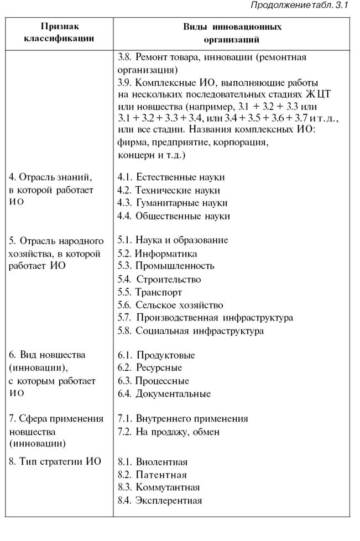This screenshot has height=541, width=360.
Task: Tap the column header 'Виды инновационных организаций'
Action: (x=232, y=33)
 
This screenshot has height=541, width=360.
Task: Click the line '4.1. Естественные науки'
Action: (x=171, y=177)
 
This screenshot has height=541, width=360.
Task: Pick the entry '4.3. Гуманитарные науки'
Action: (x=173, y=203)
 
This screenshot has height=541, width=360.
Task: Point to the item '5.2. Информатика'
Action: (x=158, y=254)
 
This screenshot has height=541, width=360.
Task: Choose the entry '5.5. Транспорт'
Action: (x=150, y=292)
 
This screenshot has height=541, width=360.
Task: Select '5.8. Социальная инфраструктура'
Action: (x=191, y=331)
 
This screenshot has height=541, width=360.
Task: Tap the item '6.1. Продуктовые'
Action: (x=156, y=355)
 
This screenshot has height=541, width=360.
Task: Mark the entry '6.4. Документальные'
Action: (x=164, y=394)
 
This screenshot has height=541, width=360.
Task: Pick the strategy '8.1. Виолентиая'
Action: (x=153, y=462)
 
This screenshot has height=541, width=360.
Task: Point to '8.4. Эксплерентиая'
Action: (x=160, y=501)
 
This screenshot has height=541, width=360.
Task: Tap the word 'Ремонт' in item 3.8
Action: (x=153, y=57)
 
